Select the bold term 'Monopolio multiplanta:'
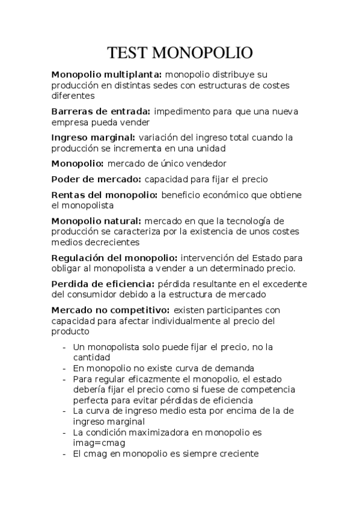(106, 75)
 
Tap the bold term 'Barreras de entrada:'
(101, 111)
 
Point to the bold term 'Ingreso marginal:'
(93, 137)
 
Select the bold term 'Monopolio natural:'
(96, 221)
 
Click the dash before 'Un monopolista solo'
(64, 347)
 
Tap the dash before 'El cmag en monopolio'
(64, 454)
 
